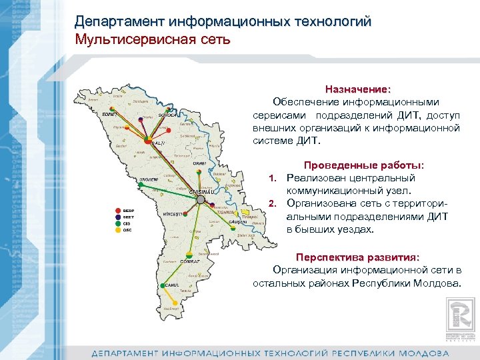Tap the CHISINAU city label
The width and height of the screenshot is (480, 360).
tap(201, 192)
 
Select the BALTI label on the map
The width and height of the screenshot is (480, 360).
tap(158, 143)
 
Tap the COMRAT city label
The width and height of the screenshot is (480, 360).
tap(190, 261)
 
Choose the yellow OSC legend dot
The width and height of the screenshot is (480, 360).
tap(118, 230)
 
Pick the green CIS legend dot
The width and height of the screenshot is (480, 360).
tap(118, 223)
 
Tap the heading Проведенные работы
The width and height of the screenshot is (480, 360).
tap(363, 165)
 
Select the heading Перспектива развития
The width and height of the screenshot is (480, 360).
tap(357, 257)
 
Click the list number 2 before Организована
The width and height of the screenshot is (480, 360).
tap(271, 203)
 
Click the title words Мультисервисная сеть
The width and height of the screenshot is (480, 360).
tap(153, 39)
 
